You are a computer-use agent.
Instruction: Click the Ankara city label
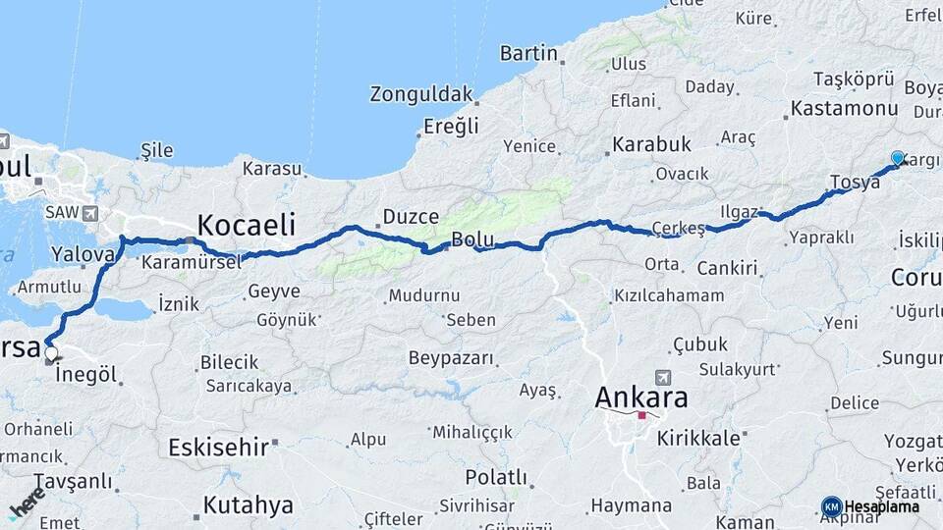point(641,398)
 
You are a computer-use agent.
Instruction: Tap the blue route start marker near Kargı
point(897,158)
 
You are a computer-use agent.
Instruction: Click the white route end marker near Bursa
point(50,353)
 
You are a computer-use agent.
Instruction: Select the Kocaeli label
point(246,225)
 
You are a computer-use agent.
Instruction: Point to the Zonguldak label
point(421,94)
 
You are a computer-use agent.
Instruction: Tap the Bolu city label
point(471,240)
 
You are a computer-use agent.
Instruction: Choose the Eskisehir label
point(218,448)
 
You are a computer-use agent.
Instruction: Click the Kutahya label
point(248,505)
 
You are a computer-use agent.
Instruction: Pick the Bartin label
point(528,53)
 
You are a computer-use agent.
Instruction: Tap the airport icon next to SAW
point(91,213)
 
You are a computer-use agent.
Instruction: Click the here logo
point(27,503)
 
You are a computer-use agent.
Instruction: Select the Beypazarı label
point(451,358)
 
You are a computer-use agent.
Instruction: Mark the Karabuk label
point(652,144)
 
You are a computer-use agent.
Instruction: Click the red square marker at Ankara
point(641,415)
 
